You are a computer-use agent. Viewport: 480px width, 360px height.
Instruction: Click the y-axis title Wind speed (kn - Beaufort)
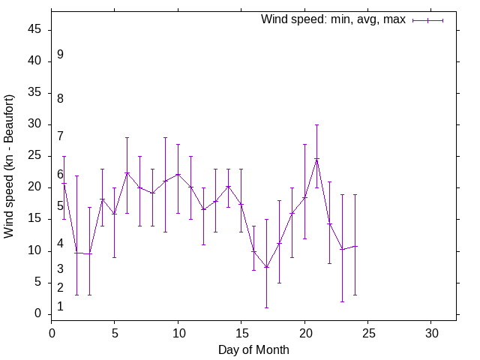pyautogui.click(x=9, y=166)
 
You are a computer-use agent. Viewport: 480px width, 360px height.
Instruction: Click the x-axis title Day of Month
pyautogui.click(x=253, y=349)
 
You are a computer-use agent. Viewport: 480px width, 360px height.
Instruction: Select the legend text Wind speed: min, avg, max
pyautogui.click(x=333, y=19)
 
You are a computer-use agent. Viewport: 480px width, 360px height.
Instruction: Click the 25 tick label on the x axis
pyautogui.click(x=367, y=332)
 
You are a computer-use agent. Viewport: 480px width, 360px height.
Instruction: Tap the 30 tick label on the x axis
pyautogui.click(x=431, y=332)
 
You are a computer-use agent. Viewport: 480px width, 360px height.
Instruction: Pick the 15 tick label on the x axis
pyautogui.click(x=241, y=332)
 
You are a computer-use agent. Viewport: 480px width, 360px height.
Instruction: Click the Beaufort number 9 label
pyautogui.click(x=60, y=55)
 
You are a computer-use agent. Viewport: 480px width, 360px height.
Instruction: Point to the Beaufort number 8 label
pyautogui.click(x=60, y=98)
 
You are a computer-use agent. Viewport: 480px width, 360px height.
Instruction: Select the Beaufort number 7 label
pyautogui.click(x=60, y=136)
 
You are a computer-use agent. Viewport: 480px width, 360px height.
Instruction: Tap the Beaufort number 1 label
pyautogui.click(x=60, y=306)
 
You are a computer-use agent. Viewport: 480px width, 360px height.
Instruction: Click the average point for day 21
pyautogui.click(x=316, y=159)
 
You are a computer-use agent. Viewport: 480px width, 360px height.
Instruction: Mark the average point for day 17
pyautogui.click(x=266, y=267)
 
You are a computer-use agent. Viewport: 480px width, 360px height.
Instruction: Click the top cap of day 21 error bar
pyautogui.click(x=316, y=124)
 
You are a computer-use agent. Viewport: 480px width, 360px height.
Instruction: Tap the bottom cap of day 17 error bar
pyautogui.click(x=266, y=307)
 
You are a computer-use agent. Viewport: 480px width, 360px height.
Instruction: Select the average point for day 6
pyautogui.click(x=127, y=172)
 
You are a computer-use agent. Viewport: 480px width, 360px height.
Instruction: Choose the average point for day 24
pyautogui.click(x=355, y=246)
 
